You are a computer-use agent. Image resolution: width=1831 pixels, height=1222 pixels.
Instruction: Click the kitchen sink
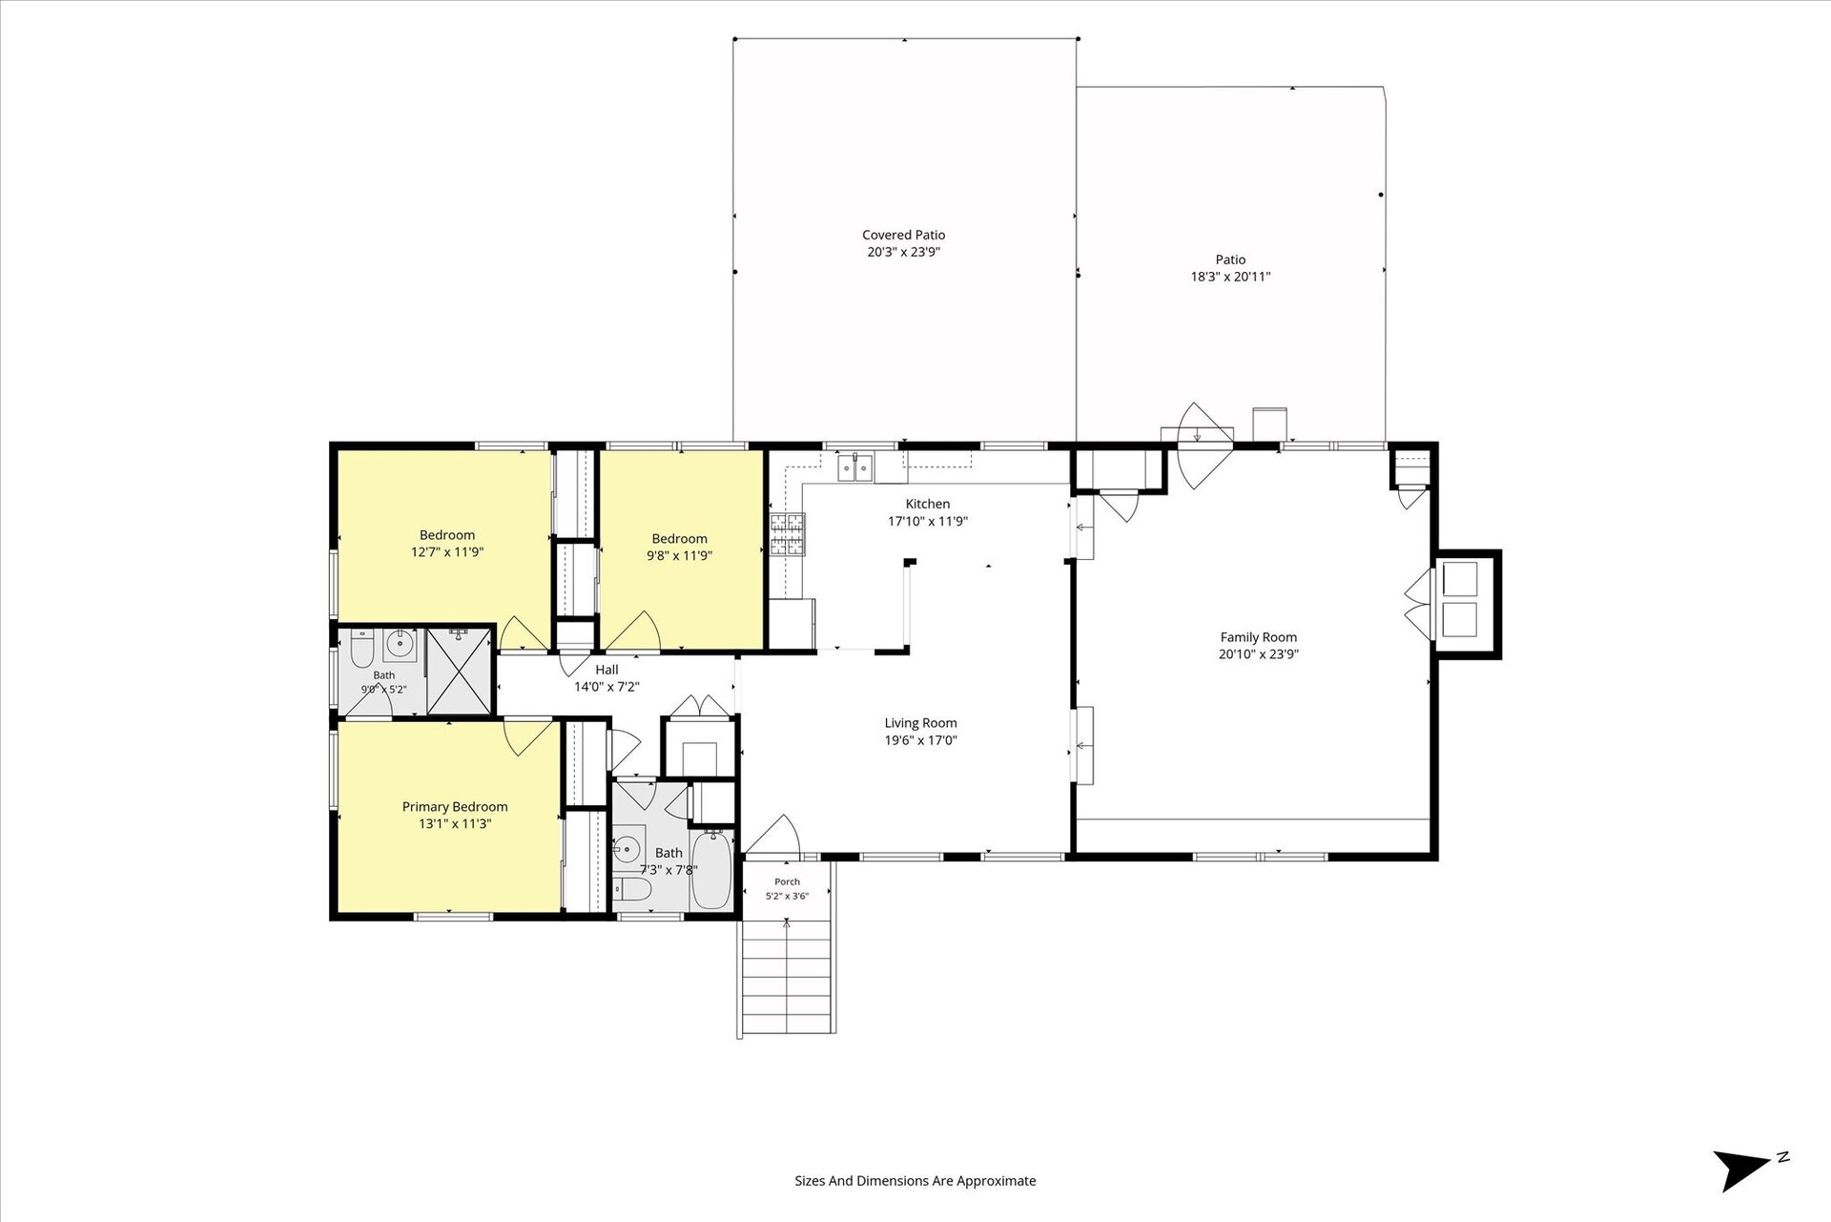[x=855, y=468]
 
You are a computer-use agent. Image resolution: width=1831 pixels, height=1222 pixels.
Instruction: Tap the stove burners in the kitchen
[x=788, y=534]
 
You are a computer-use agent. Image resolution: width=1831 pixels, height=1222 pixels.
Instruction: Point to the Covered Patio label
[x=903, y=235]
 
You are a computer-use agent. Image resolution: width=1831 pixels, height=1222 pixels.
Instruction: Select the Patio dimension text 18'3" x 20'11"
[x=1230, y=277]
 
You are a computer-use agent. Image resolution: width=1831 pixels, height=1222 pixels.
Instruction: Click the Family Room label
[x=1259, y=637]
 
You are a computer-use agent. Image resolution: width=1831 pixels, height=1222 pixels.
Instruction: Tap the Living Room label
[x=920, y=723]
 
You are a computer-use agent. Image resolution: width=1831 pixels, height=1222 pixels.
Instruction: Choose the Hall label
[x=607, y=670]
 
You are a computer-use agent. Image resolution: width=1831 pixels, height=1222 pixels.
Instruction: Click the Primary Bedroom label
[x=455, y=807]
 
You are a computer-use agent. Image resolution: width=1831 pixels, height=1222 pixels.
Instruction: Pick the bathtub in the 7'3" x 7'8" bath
[x=710, y=869]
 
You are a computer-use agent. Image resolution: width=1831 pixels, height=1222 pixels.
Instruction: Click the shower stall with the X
[x=460, y=671]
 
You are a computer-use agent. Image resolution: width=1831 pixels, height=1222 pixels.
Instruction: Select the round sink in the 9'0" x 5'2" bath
[x=399, y=646]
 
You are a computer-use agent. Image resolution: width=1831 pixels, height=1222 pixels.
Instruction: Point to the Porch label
[x=787, y=881]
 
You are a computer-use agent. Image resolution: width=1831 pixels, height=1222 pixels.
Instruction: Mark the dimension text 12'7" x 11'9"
[x=447, y=552]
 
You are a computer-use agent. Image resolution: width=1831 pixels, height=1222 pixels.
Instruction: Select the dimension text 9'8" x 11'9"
[x=679, y=555]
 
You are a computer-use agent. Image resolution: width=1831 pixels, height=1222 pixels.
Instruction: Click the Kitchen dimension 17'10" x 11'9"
[x=928, y=521]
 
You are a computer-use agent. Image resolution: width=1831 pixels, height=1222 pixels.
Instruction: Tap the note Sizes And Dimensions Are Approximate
[x=915, y=1181]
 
